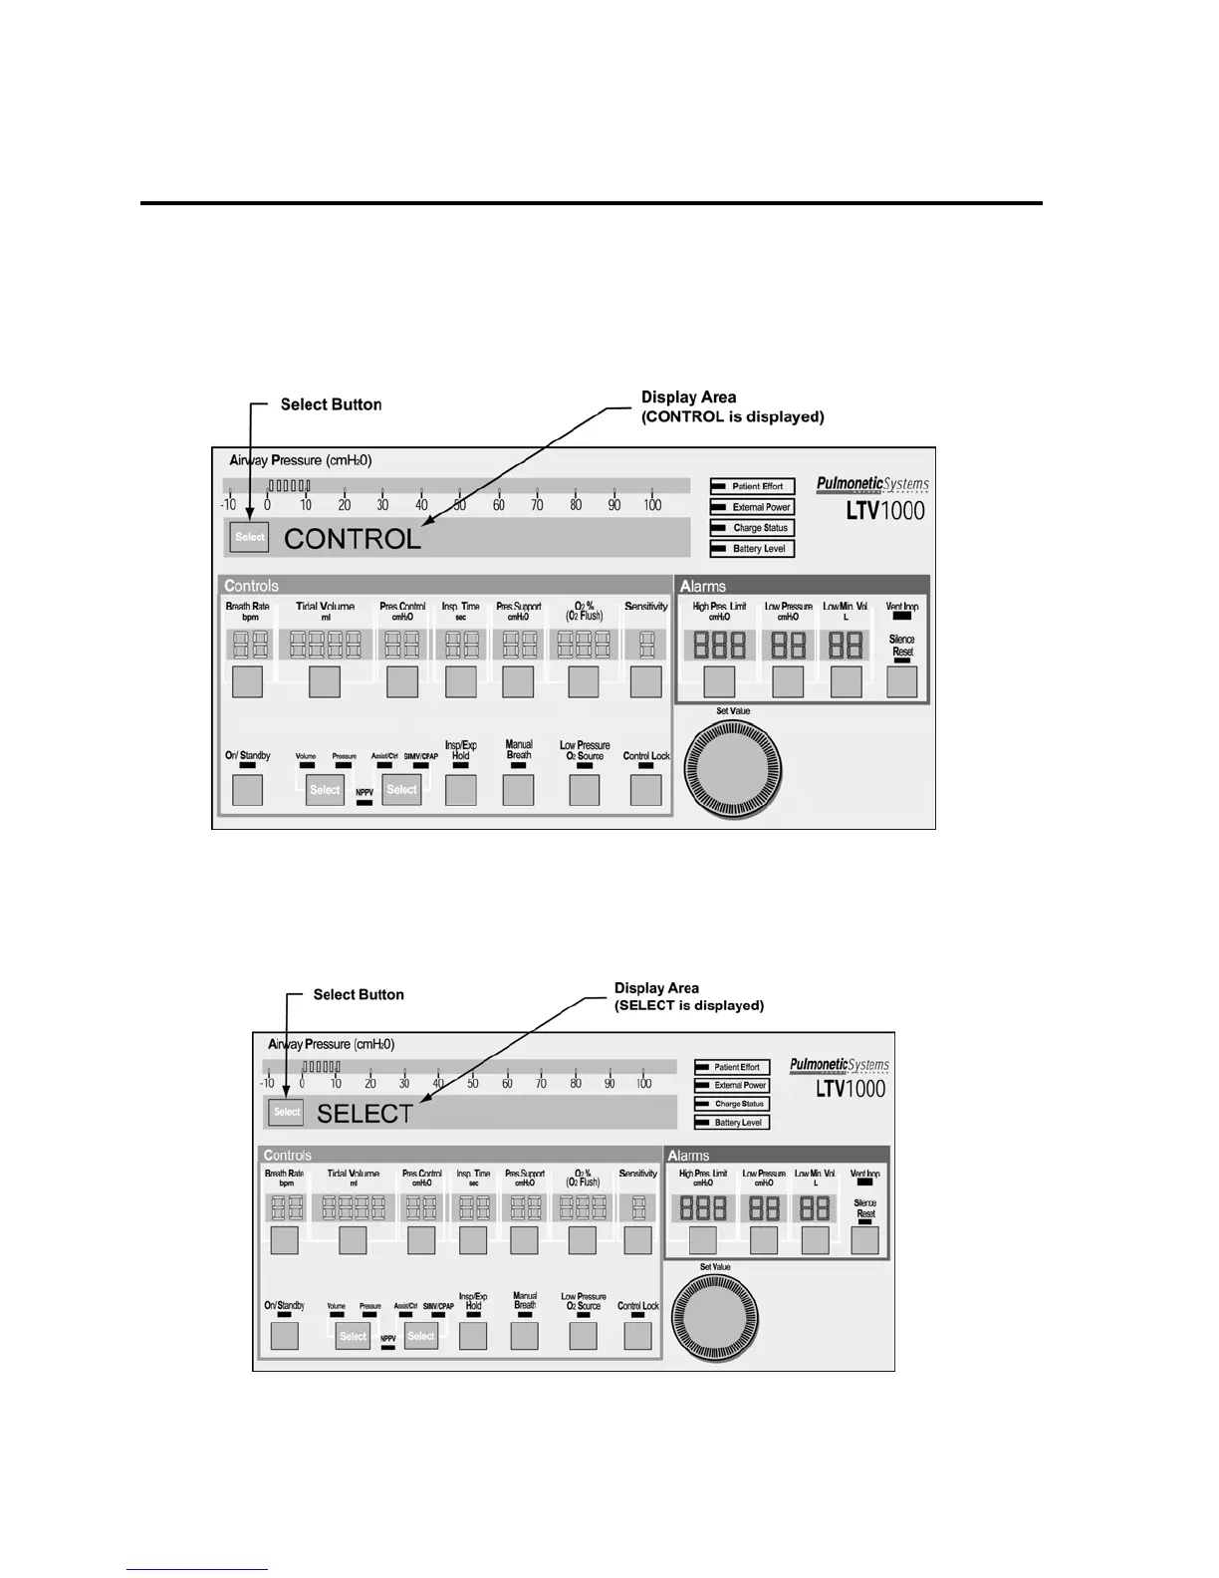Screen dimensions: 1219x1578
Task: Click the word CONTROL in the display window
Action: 353,539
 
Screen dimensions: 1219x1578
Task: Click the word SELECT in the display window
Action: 365,1114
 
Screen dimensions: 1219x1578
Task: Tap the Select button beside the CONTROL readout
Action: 249,537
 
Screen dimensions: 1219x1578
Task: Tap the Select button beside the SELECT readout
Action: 287,1112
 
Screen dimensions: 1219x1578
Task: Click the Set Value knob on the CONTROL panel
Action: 738,770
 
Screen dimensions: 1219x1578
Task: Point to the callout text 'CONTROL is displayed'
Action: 733,417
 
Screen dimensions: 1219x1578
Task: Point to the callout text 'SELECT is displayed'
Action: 689,1006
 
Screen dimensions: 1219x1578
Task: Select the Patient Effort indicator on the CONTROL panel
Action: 752,486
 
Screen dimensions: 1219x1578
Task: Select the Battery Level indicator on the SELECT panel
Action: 732,1123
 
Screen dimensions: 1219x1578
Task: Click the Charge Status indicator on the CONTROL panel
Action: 752,528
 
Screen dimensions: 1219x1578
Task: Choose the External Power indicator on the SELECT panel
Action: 732,1086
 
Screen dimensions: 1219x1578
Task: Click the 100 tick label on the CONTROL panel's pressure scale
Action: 652,505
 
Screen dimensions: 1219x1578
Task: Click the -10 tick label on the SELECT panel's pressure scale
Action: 267,1084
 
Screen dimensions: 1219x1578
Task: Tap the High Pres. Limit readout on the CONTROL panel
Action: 719,646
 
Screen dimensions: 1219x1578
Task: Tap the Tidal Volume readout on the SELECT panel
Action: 354,1208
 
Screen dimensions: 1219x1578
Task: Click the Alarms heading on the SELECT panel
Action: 688,1156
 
